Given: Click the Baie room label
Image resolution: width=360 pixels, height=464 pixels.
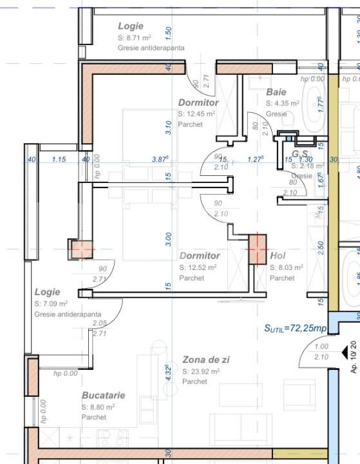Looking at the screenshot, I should [276, 92].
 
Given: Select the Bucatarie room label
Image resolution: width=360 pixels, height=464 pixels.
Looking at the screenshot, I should [103, 395].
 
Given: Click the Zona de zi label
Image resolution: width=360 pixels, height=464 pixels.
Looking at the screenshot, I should [205, 360].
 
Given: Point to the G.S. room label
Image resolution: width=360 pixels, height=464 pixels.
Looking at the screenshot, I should [300, 154].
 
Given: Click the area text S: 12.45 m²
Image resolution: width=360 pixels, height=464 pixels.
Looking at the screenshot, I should [196, 114].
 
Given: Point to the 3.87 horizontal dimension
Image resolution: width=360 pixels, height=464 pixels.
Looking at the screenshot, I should [160, 159].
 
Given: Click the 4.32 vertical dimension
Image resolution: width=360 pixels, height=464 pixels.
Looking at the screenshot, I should [167, 374].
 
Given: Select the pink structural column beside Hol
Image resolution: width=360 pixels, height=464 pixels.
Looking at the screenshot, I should [258, 248].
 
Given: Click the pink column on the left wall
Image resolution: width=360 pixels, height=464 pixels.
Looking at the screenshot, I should [81, 249].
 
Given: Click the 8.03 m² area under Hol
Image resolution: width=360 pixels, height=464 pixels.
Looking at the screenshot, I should [286, 267].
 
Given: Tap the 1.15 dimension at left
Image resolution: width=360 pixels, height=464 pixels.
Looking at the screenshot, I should [59, 159].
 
